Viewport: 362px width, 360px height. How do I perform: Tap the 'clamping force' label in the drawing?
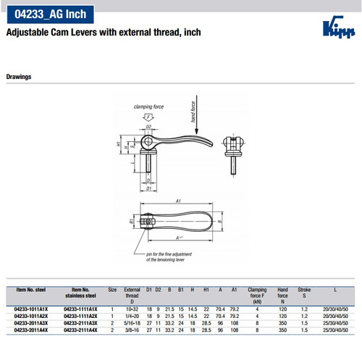point(148,106)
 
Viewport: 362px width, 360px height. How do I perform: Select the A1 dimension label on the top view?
point(177,203)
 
